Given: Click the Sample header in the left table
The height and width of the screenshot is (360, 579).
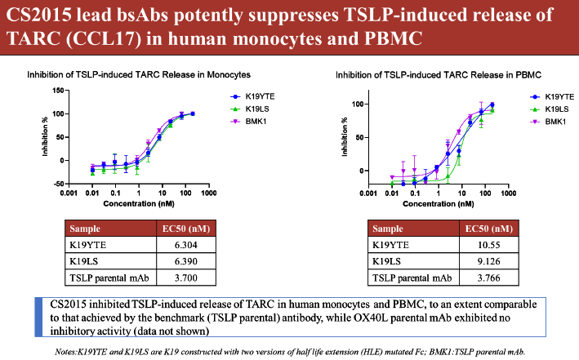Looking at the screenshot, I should point(87,229).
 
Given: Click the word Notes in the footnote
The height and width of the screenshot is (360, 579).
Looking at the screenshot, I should point(68,350).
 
